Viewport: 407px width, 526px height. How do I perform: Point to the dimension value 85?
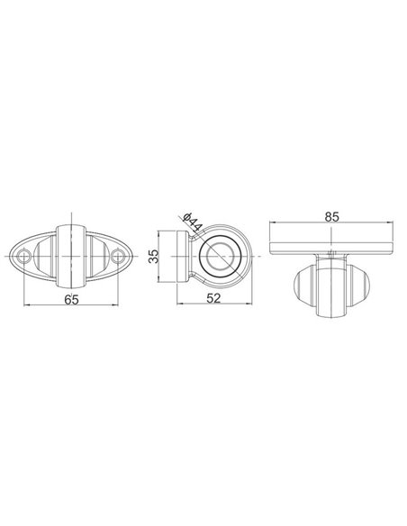(332, 217)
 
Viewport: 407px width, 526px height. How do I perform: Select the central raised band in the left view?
(73, 255)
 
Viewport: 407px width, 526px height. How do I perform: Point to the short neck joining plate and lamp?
(332, 254)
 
